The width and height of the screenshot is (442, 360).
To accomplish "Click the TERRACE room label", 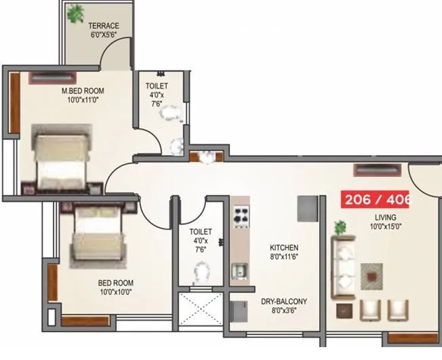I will pos(104,26).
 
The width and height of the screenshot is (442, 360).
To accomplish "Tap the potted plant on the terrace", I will pos(75,13).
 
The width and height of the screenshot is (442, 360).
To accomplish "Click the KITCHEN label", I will pos(283,248).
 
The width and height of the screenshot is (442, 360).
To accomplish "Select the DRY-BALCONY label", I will pos(284,302).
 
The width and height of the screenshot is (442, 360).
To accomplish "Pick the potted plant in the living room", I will pos(340,227).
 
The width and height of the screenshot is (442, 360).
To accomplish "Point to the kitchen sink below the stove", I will pos(239,272).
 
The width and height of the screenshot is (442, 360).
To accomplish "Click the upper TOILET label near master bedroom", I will pos(157,86).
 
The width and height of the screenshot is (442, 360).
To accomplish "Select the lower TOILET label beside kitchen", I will pos(201,231).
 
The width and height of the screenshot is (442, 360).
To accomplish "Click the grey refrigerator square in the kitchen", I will pos(307,209).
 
